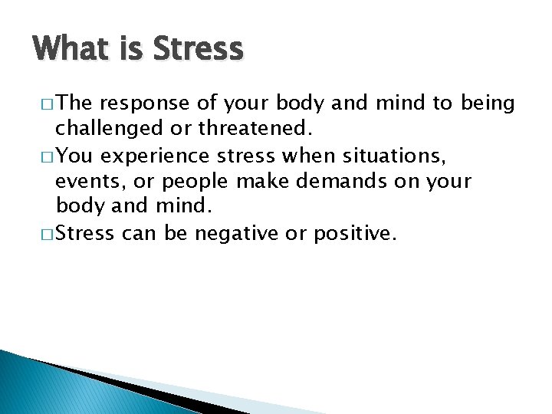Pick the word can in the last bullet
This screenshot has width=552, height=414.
(x=139, y=232)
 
